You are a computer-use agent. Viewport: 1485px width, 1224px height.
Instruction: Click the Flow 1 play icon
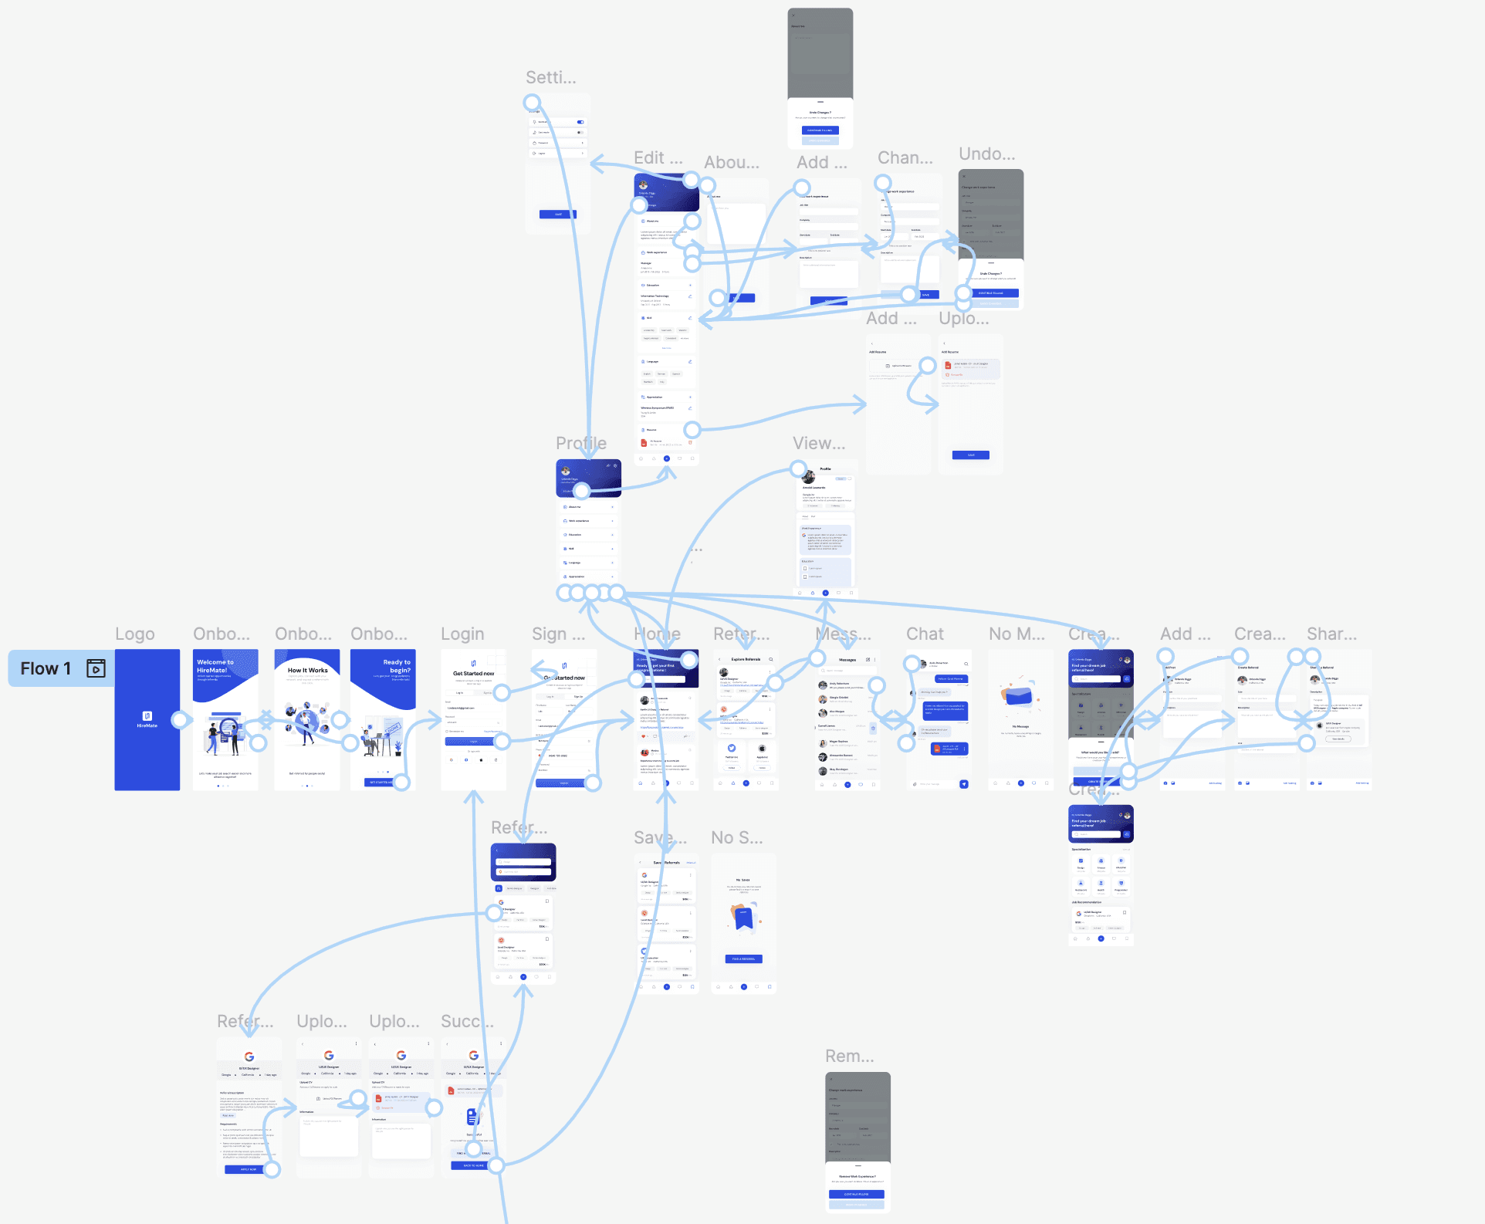pyautogui.click(x=96, y=668)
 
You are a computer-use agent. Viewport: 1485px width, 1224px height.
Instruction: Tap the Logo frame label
pyautogui.click(x=135, y=634)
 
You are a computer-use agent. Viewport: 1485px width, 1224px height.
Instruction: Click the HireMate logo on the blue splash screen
pyautogui.click(x=147, y=718)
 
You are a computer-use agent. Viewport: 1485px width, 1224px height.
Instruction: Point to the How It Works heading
pyautogui.click(x=307, y=671)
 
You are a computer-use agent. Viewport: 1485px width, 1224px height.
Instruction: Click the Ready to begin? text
pyautogui.click(x=397, y=666)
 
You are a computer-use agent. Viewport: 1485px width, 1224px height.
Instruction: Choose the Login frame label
pyautogui.click(x=462, y=634)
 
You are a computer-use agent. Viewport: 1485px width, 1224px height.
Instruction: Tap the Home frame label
pyautogui.click(x=657, y=634)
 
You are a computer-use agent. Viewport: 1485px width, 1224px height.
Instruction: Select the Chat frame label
pyautogui.click(x=925, y=634)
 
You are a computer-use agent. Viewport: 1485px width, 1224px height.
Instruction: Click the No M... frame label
pyautogui.click(x=1016, y=634)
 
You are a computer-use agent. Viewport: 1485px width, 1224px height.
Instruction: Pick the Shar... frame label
pyautogui.click(x=1331, y=634)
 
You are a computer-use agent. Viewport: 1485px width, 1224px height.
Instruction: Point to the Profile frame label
pyautogui.click(x=581, y=444)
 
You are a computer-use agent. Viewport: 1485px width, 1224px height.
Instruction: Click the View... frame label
pyautogui.click(x=819, y=444)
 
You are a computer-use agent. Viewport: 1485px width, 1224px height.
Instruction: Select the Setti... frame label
pyautogui.click(x=551, y=78)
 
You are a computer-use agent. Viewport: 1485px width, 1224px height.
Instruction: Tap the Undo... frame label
pyautogui.click(x=986, y=154)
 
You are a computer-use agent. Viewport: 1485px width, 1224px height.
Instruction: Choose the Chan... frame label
pyautogui.click(x=905, y=158)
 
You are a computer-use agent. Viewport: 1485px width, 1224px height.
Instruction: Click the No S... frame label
pyautogui.click(x=736, y=838)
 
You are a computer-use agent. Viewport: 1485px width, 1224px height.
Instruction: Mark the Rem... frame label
pyautogui.click(x=850, y=1057)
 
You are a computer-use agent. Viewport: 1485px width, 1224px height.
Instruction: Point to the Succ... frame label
pyautogui.click(x=467, y=1022)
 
